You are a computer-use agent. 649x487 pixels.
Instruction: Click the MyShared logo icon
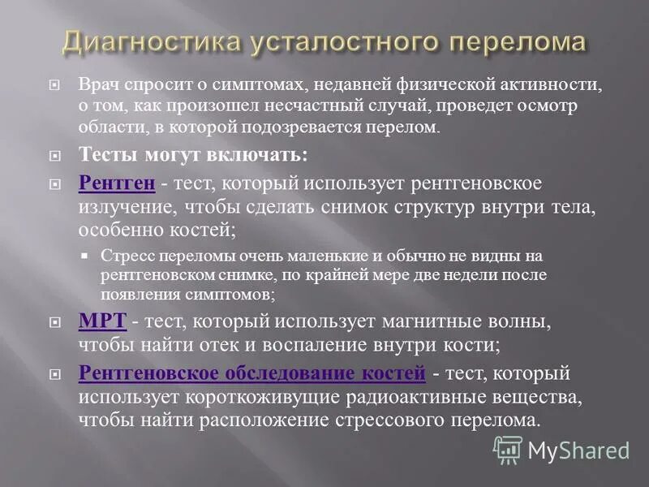click(x=508, y=449)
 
